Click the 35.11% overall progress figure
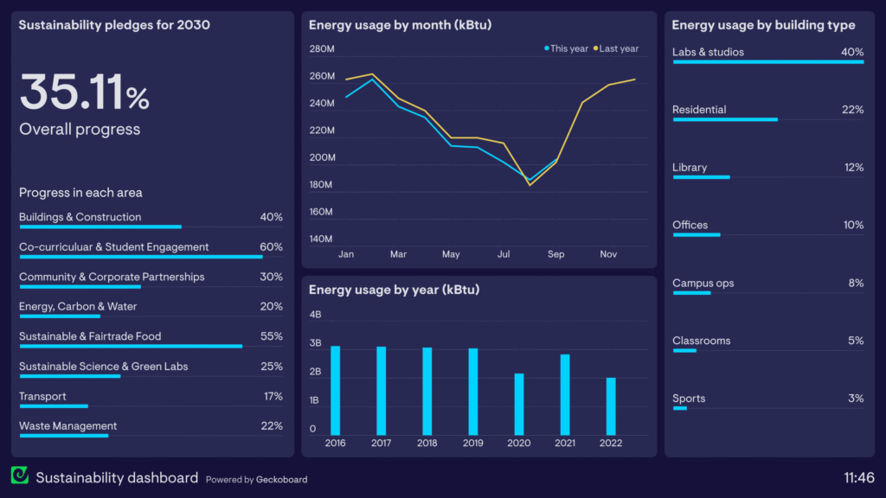pyautogui.click(x=85, y=93)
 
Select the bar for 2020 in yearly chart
pyautogui.click(x=519, y=404)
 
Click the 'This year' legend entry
pyautogui.click(x=567, y=48)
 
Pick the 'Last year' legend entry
pyautogui.click(x=617, y=48)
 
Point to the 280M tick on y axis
pyautogui.click(x=322, y=49)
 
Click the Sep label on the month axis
pyautogui.click(x=555, y=254)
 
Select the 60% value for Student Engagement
pyautogui.click(x=271, y=246)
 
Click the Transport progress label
pyautogui.click(x=42, y=396)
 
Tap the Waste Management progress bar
pyautogui.click(x=63, y=436)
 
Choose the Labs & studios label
pyautogui.click(x=708, y=52)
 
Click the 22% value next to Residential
pyautogui.click(x=852, y=110)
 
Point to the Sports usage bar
pyautogui.click(x=679, y=408)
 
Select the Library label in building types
pyautogui.click(x=690, y=168)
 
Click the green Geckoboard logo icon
pyautogui.click(x=20, y=476)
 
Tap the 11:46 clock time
pyautogui.click(x=858, y=477)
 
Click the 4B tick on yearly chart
pyautogui.click(x=315, y=314)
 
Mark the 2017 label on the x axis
pyautogui.click(x=381, y=443)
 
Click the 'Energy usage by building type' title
pyautogui.click(x=763, y=25)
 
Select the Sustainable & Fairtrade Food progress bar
pyautogui.click(x=130, y=346)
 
